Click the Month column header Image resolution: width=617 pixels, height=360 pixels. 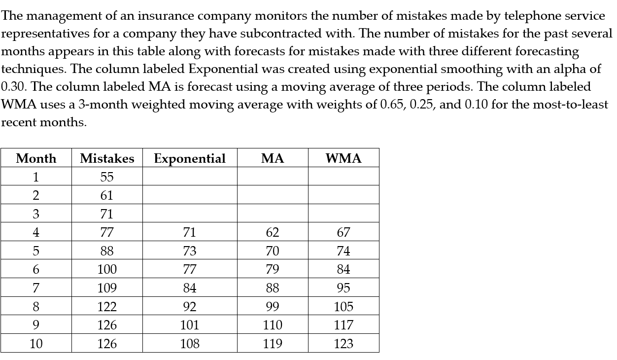click(36, 158)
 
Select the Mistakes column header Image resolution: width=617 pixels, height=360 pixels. click(107, 158)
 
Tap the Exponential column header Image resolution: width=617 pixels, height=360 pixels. click(190, 158)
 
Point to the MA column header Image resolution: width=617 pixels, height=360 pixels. click(273, 158)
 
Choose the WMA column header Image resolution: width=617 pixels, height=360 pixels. click(343, 158)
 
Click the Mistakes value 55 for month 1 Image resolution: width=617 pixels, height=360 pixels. click(107, 177)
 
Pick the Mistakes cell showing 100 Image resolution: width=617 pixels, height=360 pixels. click(107, 269)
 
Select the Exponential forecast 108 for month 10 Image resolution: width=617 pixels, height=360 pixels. click(190, 344)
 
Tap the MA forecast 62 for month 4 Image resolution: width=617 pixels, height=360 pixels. click(273, 232)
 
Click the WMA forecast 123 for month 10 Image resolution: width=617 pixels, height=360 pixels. click(343, 344)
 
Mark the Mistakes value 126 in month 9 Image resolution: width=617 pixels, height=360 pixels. click(107, 325)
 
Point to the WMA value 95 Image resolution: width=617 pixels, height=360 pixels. click(343, 288)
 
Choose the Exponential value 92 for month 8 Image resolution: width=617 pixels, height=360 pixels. click(190, 307)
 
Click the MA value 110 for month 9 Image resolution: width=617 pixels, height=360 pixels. click(273, 325)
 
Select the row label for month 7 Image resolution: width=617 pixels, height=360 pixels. click(36, 288)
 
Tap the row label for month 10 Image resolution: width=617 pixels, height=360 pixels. click(36, 344)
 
